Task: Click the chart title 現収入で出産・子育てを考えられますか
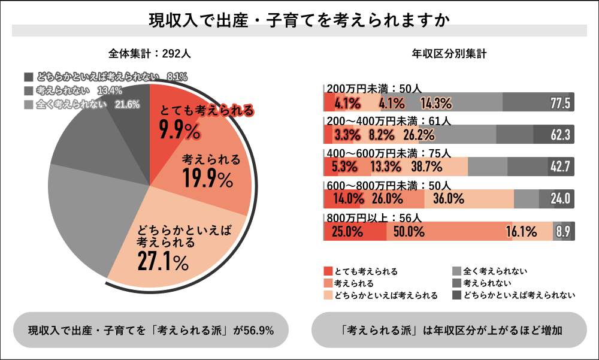(x=299, y=20)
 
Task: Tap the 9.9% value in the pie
(x=179, y=129)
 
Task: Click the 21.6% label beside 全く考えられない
(x=128, y=104)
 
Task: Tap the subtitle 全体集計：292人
(x=150, y=53)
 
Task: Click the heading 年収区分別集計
(x=449, y=53)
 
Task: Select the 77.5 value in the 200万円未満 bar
(x=560, y=103)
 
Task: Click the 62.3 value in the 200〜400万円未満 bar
(x=560, y=134)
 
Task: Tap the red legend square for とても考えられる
(x=327, y=271)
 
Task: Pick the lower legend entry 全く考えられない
(x=495, y=271)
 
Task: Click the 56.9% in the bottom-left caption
(x=259, y=330)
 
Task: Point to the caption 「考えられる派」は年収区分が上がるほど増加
(x=449, y=330)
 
